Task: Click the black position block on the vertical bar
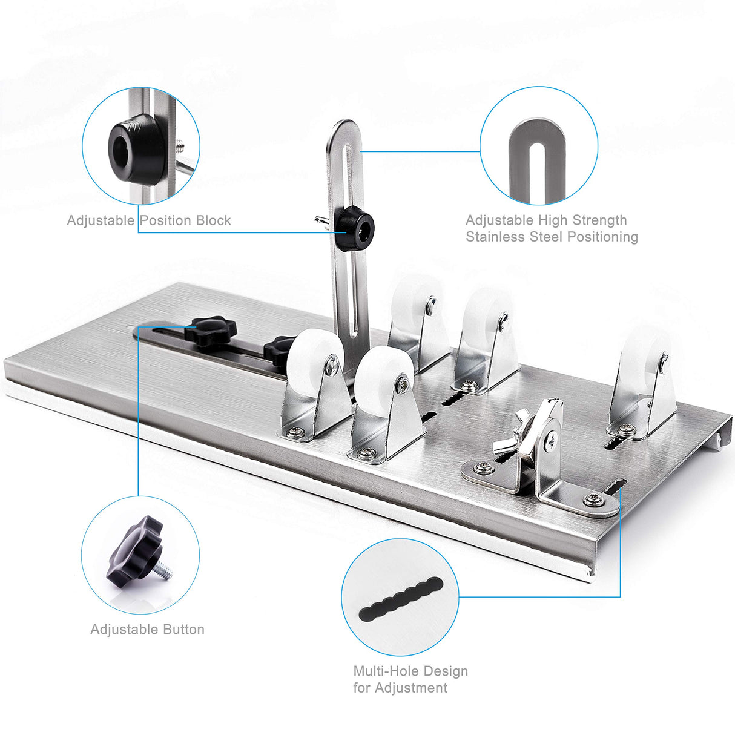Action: tap(355, 229)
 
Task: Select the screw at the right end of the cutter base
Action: tap(592, 499)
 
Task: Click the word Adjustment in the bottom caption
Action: tap(411, 688)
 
